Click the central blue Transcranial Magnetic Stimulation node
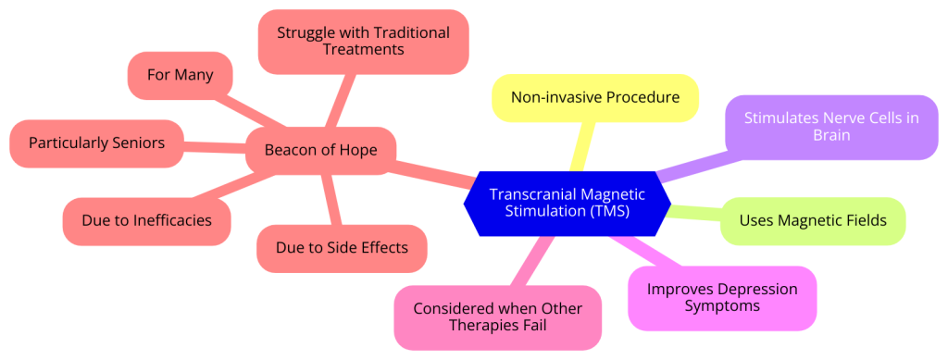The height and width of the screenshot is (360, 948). (566, 204)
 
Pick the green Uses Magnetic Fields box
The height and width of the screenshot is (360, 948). (812, 221)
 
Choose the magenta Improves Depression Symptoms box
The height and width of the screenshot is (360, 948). (722, 298)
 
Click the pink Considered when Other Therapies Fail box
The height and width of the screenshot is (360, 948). (497, 317)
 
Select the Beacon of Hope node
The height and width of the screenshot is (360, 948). (320, 150)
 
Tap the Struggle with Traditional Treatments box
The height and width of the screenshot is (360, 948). (363, 42)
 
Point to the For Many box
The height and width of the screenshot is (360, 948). (179, 75)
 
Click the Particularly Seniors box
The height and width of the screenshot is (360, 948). (96, 143)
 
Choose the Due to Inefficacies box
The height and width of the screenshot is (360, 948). (146, 221)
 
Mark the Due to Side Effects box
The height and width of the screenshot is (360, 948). (341, 248)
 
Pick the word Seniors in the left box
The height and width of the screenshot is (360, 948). (132, 143)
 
